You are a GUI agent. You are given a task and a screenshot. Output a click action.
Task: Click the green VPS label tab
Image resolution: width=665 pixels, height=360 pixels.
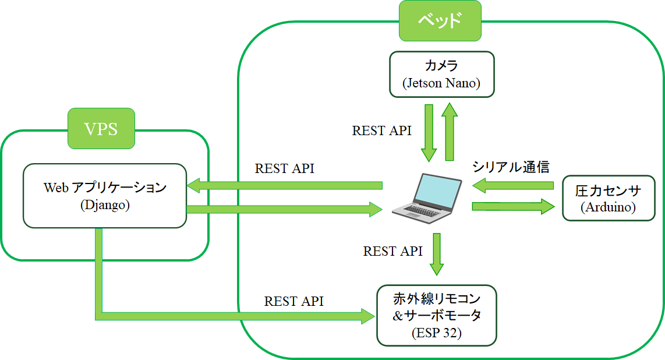click(x=101, y=129)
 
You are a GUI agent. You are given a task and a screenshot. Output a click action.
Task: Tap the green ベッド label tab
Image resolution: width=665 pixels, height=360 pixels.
click(x=440, y=21)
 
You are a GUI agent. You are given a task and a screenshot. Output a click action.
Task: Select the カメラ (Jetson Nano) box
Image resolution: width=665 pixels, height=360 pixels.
click(x=442, y=75)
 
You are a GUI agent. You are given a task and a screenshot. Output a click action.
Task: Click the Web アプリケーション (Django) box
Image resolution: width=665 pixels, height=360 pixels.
click(x=105, y=196)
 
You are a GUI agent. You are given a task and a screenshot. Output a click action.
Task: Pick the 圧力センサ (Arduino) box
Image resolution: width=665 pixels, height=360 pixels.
click(x=609, y=198)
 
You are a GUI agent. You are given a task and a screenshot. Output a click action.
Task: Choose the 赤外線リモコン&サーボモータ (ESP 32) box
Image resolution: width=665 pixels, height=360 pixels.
click(x=437, y=316)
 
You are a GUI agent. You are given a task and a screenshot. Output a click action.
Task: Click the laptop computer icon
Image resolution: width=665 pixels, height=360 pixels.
click(x=427, y=198)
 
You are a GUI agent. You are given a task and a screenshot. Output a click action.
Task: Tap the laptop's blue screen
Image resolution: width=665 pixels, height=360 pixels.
click(x=437, y=190)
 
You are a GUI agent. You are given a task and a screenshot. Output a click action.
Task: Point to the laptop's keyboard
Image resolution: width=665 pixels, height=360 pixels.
click(x=419, y=210)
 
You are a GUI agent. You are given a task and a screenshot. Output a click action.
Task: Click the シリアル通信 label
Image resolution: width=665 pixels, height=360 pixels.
click(x=511, y=167)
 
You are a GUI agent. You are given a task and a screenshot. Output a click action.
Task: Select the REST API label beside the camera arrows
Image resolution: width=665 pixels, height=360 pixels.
click(x=381, y=130)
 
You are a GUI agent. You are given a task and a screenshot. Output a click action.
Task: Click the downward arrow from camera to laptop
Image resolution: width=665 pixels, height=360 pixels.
click(x=429, y=133)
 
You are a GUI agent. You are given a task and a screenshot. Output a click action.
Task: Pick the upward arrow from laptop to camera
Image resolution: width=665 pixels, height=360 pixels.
click(x=450, y=132)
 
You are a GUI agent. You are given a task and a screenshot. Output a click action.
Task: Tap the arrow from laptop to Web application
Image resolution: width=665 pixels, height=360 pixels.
click(x=285, y=185)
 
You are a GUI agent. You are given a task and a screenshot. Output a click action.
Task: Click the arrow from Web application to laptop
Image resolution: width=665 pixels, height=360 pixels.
click(x=285, y=209)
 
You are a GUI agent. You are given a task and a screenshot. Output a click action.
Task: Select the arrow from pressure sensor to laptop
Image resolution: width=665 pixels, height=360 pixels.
click(x=513, y=185)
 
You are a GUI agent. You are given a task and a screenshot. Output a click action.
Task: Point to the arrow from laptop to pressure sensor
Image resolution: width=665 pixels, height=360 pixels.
click(x=513, y=206)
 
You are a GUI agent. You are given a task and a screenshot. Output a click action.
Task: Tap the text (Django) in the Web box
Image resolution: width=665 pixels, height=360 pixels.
click(x=105, y=206)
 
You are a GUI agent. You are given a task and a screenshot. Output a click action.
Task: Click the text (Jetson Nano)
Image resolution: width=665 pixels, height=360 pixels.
click(x=441, y=83)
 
